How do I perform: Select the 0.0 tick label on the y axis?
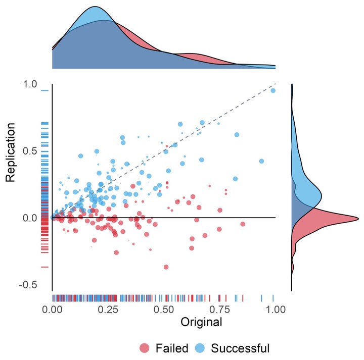(31, 218)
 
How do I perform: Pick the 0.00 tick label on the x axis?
(53, 308)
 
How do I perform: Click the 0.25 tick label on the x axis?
(108, 308)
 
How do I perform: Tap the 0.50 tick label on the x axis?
(164, 308)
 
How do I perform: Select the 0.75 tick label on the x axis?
(220, 308)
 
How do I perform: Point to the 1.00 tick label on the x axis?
(275, 308)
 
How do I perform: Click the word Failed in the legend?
(172, 348)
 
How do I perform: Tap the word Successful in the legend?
(240, 348)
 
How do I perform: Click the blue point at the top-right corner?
(273, 90)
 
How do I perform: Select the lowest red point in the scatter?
(166, 267)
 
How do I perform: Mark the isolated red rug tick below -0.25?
(44, 267)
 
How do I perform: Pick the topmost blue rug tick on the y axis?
(44, 91)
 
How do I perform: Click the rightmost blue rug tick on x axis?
(273, 297)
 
